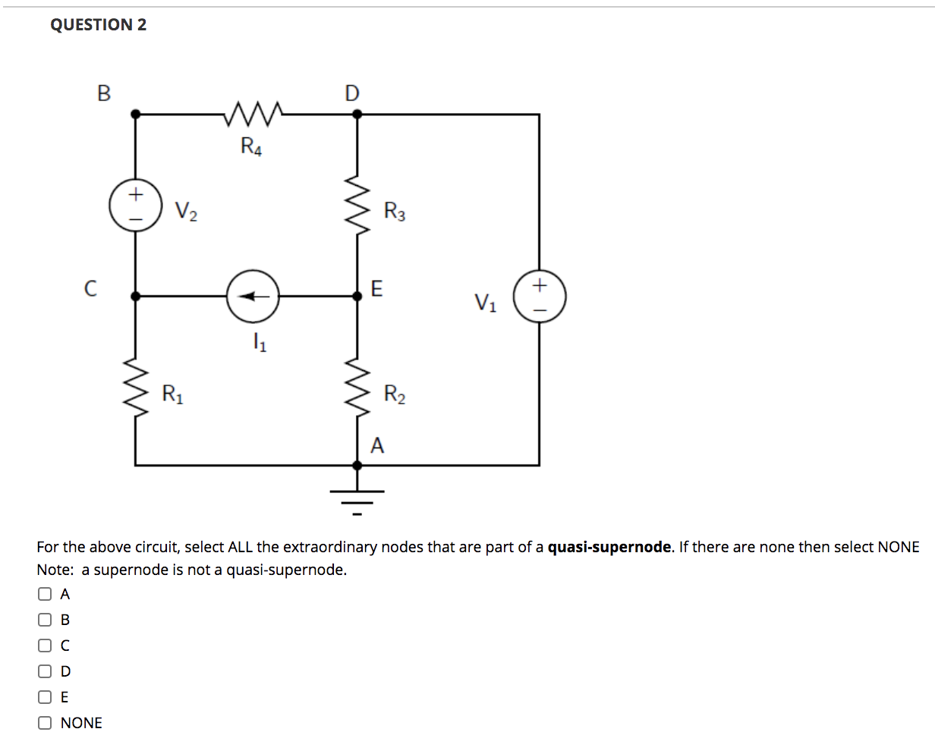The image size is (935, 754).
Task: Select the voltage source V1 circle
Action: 540,297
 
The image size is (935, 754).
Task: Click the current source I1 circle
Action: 253,297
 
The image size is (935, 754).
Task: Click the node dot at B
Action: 136,114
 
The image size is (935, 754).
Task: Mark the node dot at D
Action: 357,114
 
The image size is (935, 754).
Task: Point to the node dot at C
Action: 136,297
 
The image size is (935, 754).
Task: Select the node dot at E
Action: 357,297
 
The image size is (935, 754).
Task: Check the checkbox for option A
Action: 46,594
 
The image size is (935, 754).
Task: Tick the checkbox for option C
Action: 46,646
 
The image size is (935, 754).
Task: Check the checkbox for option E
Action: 46,697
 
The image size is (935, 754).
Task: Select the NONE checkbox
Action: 46,723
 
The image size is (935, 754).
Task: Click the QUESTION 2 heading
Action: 99,24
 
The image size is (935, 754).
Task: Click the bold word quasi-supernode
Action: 609,547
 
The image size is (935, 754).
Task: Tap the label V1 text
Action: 486,302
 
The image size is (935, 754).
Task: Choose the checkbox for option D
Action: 46,671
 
